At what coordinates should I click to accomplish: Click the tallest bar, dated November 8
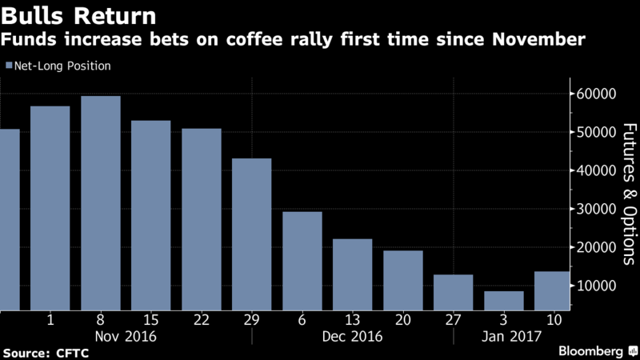pyautogui.click(x=101, y=203)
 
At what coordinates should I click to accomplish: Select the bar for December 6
pyautogui.click(x=302, y=262)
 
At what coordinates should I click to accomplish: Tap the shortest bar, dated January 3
pyautogui.click(x=504, y=301)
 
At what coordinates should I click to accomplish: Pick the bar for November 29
pyautogui.click(x=252, y=234)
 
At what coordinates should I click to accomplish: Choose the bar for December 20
pyautogui.click(x=403, y=281)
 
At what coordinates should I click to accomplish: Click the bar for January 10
pyautogui.click(x=552, y=291)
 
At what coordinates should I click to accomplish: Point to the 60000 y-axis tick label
pyautogui.click(x=596, y=94)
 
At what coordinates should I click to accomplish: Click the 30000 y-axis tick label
pyautogui.click(x=596, y=209)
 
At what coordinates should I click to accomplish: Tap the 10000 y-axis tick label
pyautogui.click(x=596, y=286)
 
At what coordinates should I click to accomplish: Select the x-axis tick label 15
pyautogui.click(x=151, y=319)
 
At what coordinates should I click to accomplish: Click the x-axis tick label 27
pyautogui.click(x=453, y=319)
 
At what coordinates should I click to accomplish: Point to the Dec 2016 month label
pyautogui.click(x=352, y=337)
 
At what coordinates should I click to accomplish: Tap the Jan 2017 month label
pyautogui.click(x=511, y=337)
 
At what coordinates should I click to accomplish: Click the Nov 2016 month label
pyautogui.click(x=126, y=337)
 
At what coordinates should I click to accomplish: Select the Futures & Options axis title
pyautogui.click(x=630, y=194)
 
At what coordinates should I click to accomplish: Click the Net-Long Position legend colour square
pyautogui.click(x=9, y=66)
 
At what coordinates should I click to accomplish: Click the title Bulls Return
pyautogui.click(x=78, y=16)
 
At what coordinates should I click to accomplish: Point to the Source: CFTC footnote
pyautogui.click(x=46, y=353)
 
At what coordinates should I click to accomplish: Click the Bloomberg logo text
pyautogui.click(x=590, y=351)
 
